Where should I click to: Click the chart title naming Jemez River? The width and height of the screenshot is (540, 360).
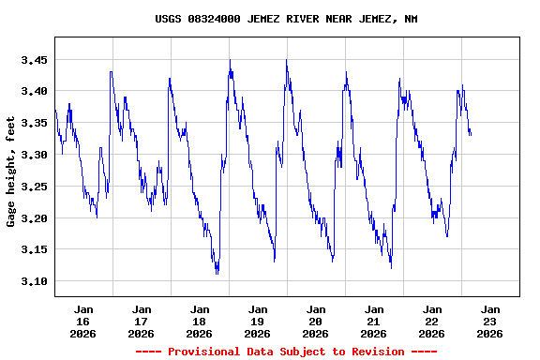286,19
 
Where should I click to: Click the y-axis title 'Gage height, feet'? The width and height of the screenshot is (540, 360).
11,179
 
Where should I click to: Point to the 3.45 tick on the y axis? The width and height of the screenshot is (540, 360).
34,60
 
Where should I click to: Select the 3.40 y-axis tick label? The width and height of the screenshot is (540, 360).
34,92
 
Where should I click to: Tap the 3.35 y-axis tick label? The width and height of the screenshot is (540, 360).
34,124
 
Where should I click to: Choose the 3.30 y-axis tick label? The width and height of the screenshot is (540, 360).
34,156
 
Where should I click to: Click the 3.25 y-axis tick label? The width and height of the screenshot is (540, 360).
34,187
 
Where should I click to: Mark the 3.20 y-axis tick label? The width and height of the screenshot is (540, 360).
34,218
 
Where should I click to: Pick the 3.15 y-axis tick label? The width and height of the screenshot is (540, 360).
34,250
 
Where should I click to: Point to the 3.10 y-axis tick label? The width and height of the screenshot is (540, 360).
34,282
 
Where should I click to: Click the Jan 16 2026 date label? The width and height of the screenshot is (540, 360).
83,321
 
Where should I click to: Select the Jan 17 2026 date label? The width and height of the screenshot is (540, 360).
142,321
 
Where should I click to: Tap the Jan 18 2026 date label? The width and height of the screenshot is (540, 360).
200,321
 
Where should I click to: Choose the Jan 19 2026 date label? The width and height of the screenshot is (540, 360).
258,321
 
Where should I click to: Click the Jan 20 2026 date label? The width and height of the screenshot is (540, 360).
316,321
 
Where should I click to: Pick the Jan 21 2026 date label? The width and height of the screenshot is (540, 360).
374,321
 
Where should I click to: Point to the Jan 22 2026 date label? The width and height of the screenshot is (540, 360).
432,321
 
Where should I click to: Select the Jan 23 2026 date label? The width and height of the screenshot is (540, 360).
490,321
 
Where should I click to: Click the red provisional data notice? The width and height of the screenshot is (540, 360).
286,352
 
